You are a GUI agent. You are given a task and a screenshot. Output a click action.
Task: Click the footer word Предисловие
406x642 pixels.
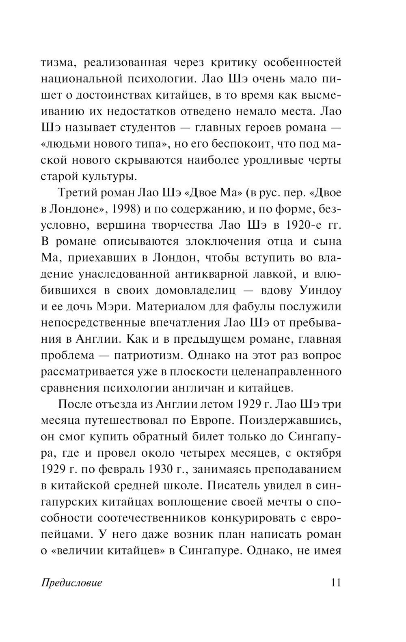(71, 583)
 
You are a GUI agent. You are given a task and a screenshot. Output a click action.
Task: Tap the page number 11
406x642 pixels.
(335, 583)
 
